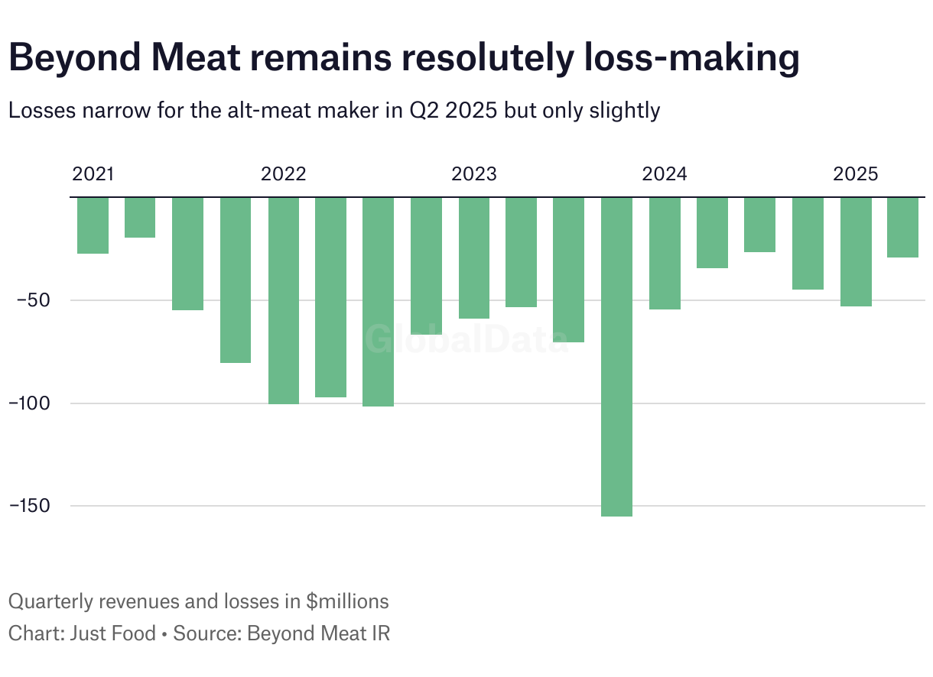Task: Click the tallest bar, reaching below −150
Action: (x=617, y=356)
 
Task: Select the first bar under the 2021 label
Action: (x=93, y=225)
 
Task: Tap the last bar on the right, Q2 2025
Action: (x=903, y=227)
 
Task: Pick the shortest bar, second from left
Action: (x=140, y=217)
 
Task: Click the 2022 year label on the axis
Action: (x=283, y=174)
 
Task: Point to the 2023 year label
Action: (x=473, y=174)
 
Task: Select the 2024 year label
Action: (x=665, y=174)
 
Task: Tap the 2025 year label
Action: (x=855, y=174)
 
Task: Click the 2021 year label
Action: (x=93, y=174)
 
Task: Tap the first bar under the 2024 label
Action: (x=665, y=253)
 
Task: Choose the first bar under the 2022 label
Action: (x=283, y=300)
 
